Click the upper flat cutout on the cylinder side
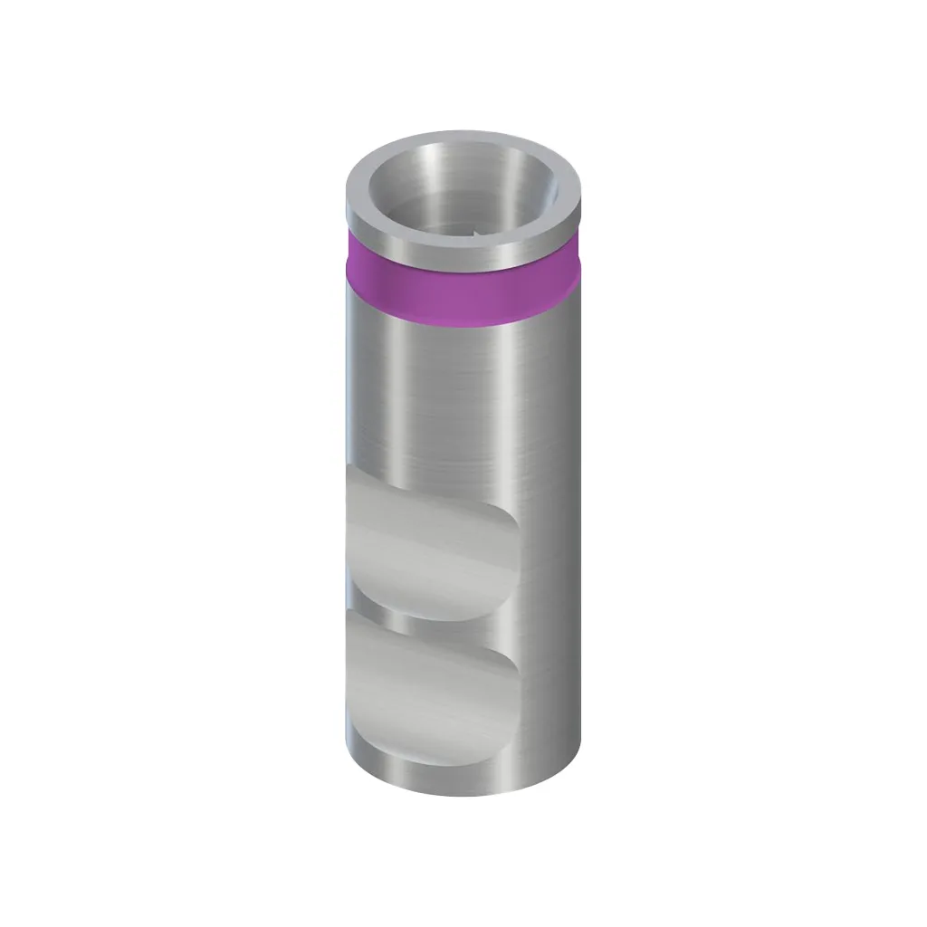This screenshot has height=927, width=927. pos(425,543)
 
